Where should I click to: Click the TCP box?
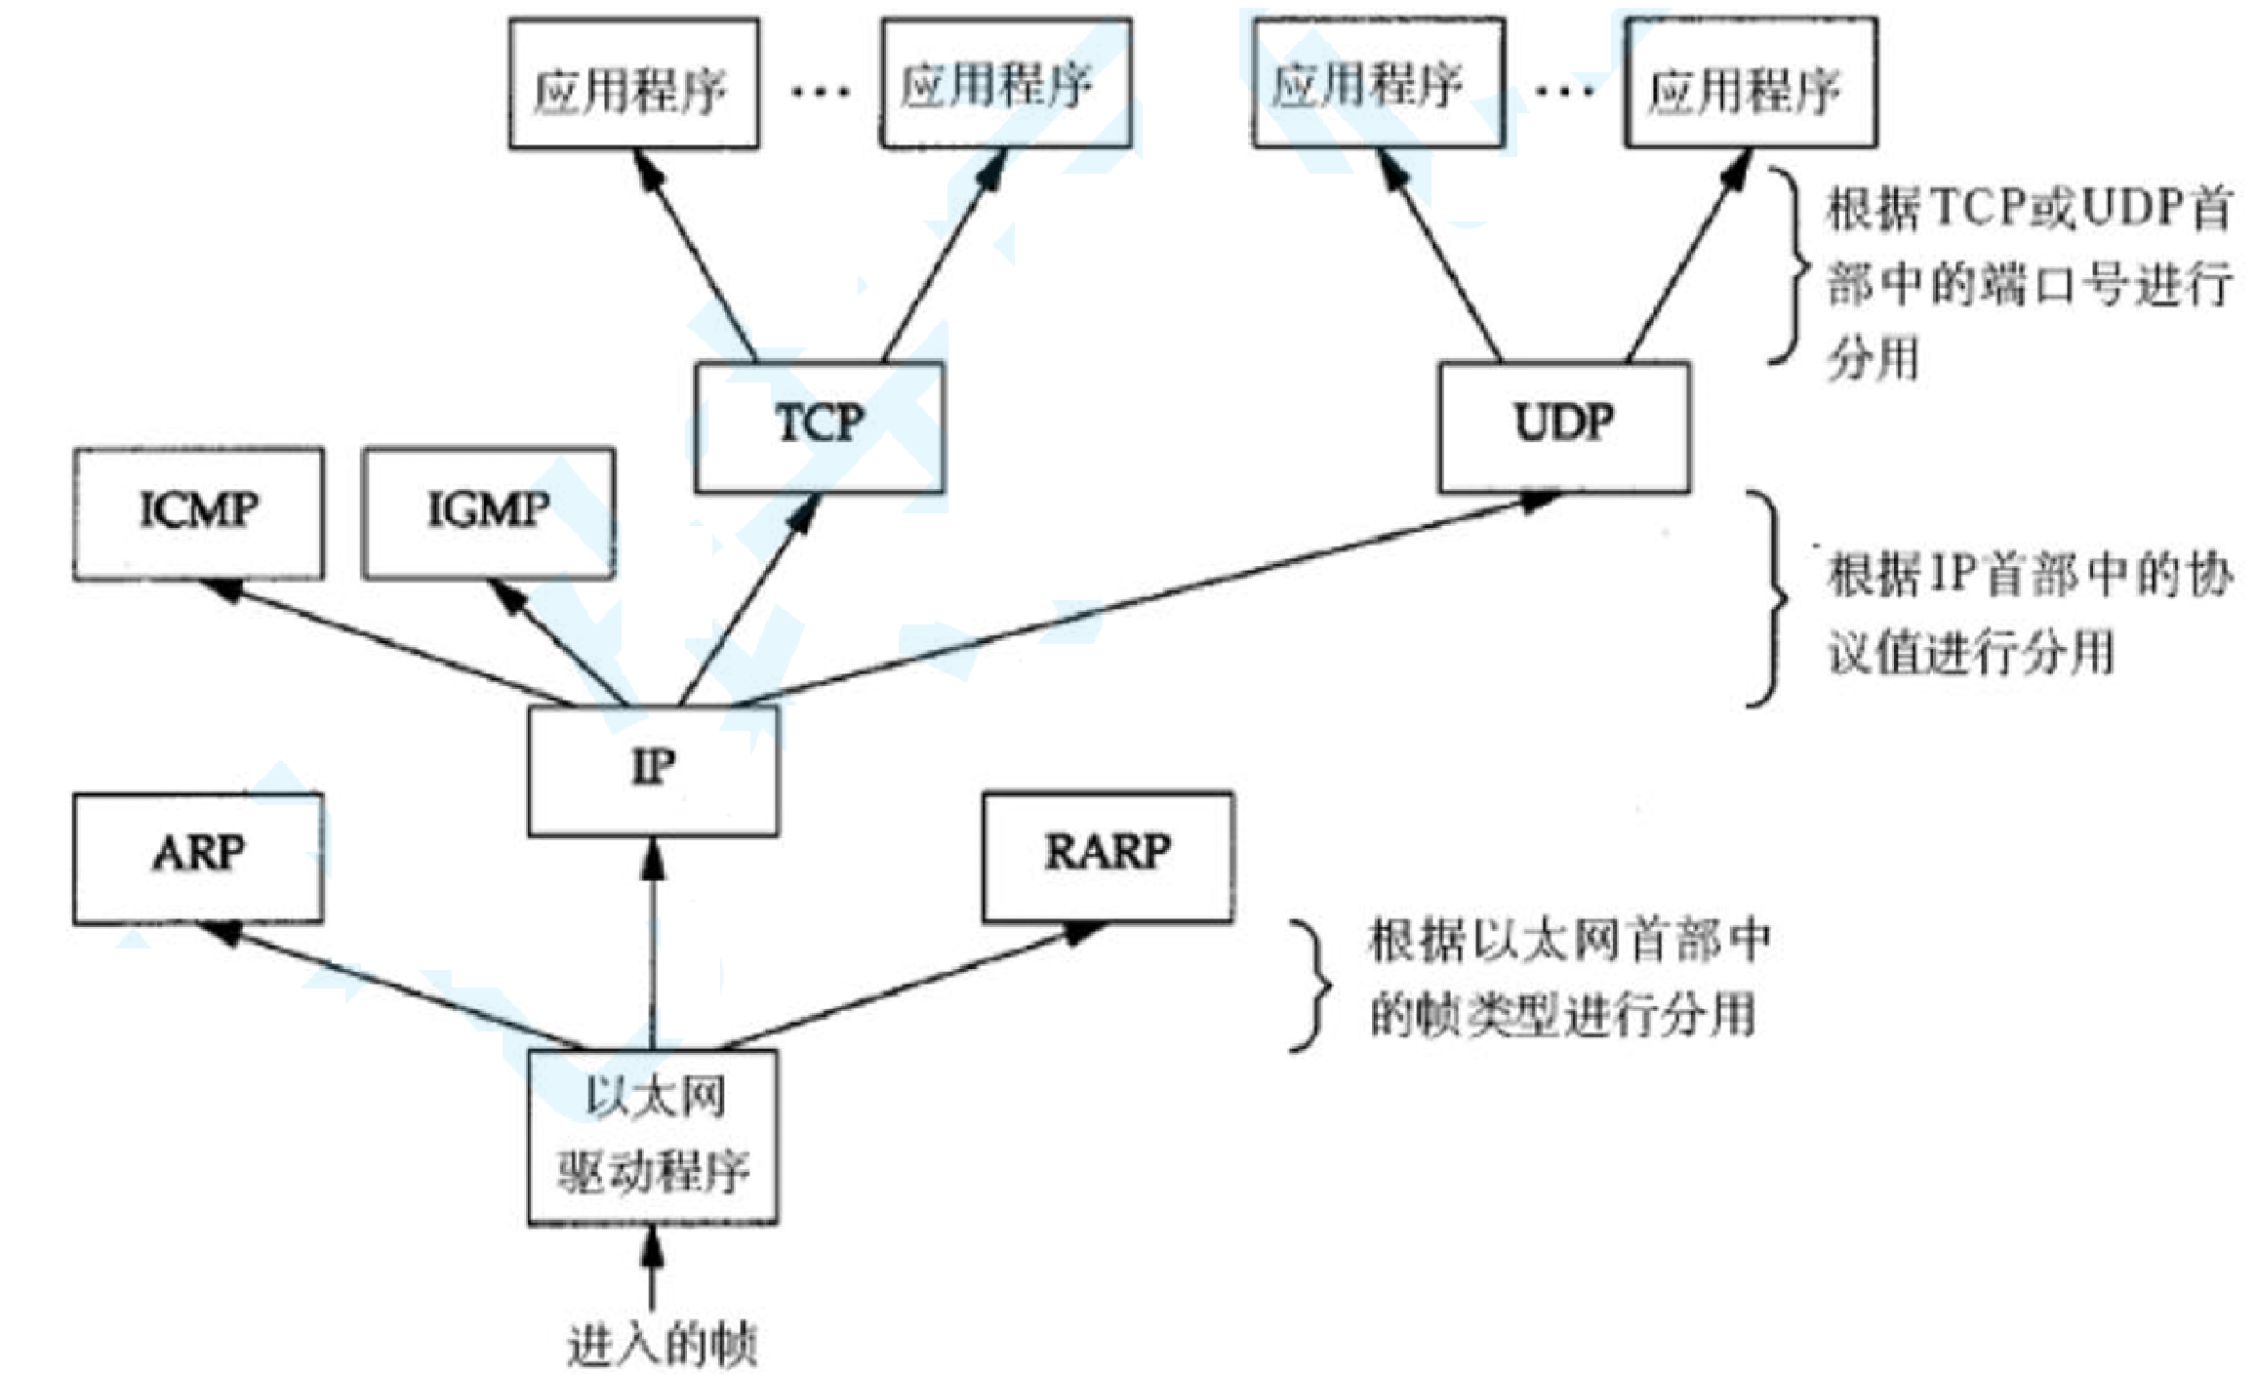pyautogui.click(x=819, y=426)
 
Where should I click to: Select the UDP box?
pyautogui.click(x=1564, y=426)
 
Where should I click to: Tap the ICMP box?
pyautogui.click(x=198, y=512)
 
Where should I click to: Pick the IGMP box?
pyautogui.click(x=488, y=512)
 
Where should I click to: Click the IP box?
pyautogui.click(x=653, y=770)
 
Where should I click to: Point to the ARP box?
pyautogui.click(x=198, y=857)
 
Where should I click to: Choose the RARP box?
pyautogui.click(x=1108, y=855)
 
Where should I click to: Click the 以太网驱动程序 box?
pyautogui.click(x=653, y=1136)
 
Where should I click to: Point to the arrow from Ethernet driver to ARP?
pyautogui.click(x=400, y=987)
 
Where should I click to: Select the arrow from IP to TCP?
pyautogui.click(x=746, y=600)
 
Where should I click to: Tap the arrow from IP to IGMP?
pyautogui.click(x=558, y=642)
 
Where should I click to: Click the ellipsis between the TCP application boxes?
pyautogui.click(x=820, y=92)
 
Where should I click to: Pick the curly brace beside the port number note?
pyautogui.click(x=1792, y=265)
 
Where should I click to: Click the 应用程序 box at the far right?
pyautogui.click(x=1750, y=84)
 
